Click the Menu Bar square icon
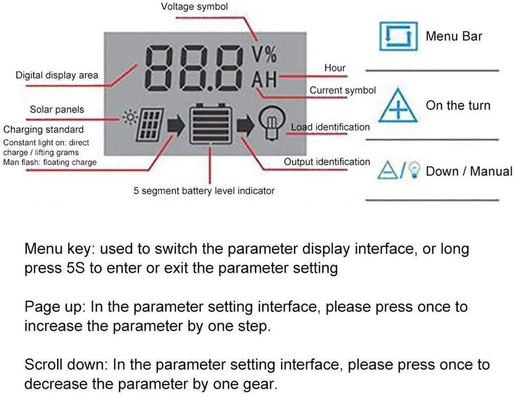tap(398, 36)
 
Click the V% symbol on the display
tap(264, 54)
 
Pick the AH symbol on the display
tap(263, 80)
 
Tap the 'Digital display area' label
tap(57, 75)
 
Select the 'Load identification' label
tap(330, 127)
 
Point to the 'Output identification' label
tap(327, 162)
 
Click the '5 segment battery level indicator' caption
tap(204, 191)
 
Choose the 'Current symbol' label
tap(342, 90)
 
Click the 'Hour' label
tap(335, 67)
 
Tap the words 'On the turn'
tap(458, 105)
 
